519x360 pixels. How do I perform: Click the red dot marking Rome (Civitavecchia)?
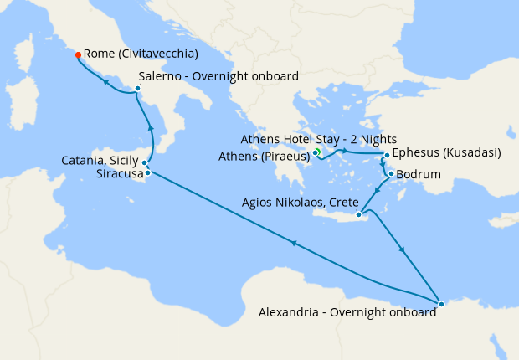(78, 54)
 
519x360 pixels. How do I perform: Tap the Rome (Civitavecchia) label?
(141, 54)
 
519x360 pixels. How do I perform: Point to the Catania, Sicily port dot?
(145, 162)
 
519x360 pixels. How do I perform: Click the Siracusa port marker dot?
(147, 172)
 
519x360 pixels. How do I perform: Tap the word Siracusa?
(119, 173)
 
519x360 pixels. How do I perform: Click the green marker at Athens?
(317, 152)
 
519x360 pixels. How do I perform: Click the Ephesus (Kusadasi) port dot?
(386, 156)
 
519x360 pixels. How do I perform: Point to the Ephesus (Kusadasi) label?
(446, 153)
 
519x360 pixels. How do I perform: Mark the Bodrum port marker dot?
(391, 173)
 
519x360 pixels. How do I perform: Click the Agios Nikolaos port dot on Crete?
(359, 215)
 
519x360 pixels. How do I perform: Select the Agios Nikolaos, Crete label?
(300, 203)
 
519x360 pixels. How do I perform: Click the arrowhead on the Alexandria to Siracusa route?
(294, 243)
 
